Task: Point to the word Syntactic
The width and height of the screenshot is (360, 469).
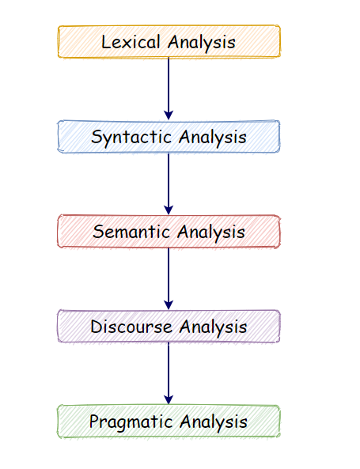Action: click(131, 138)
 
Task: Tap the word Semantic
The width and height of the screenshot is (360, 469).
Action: click(132, 233)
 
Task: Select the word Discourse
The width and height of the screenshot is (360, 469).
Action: click(131, 327)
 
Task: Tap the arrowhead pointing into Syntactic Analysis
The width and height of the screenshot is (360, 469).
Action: click(169, 115)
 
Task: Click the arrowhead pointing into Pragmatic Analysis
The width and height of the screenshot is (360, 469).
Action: click(169, 399)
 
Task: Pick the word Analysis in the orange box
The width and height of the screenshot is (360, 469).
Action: click(203, 43)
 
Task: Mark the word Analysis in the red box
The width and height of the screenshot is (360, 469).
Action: click(211, 233)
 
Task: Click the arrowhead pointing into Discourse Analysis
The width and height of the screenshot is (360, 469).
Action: click(169, 304)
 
